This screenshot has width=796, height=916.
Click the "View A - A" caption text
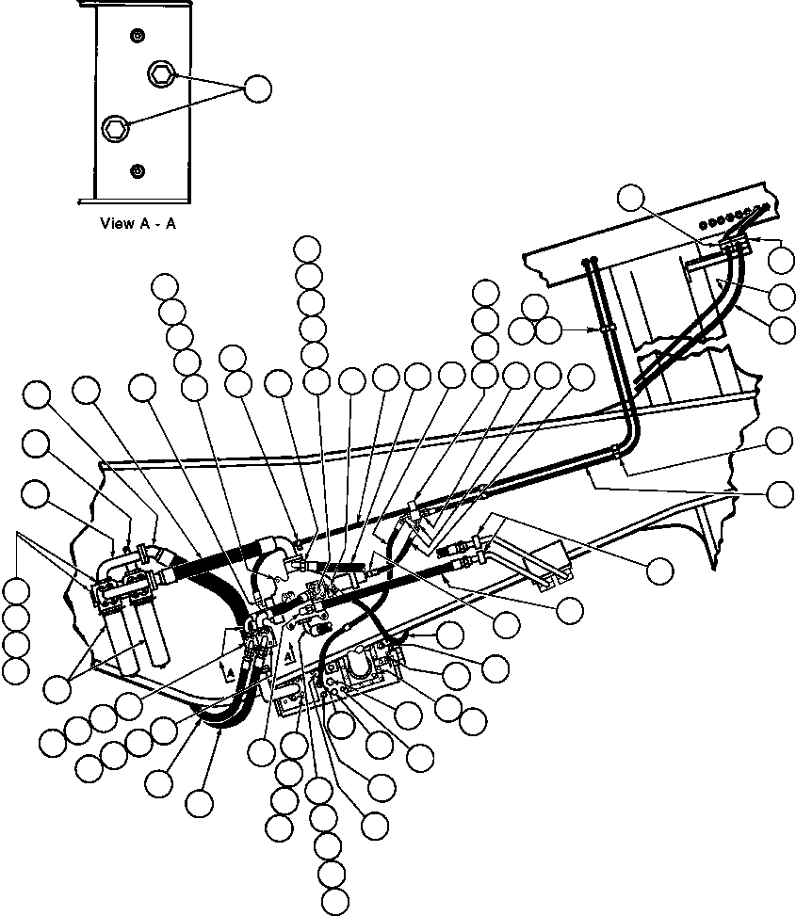tap(138, 224)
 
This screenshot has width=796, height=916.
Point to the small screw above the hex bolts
tap(138, 35)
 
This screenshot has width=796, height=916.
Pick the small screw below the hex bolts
tap(138, 169)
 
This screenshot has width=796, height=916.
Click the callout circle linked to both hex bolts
tap(257, 88)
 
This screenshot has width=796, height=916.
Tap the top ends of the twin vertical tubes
tap(592, 263)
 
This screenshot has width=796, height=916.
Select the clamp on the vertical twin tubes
tap(603, 329)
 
